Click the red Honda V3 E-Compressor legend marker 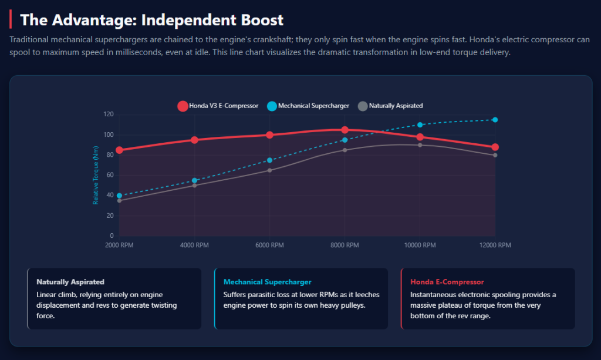[x=183, y=106]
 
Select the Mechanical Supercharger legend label [x=313, y=106]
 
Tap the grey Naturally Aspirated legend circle [x=363, y=106]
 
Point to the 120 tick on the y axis [x=108, y=115]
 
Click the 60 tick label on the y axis [x=110, y=175]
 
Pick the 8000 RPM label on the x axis [x=345, y=245]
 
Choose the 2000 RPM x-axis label [x=119, y=245]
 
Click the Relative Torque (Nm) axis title [x=96, y=175]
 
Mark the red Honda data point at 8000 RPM [x=345, y=130]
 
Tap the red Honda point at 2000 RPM [x=119, y=150]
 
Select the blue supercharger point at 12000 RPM [x=495, y=120]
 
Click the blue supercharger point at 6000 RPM [x=269, y=160]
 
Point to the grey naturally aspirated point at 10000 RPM [x=420, y=145]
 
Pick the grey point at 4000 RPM [x=194, y=186]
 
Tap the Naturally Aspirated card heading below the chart [x=70, y=282]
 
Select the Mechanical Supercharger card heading [x=268, y=282]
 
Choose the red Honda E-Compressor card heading [x=447, y=282]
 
